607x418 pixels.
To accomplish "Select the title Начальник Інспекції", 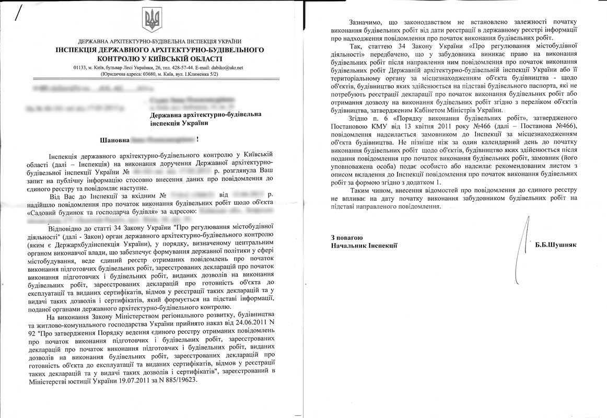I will tap(365, 246).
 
